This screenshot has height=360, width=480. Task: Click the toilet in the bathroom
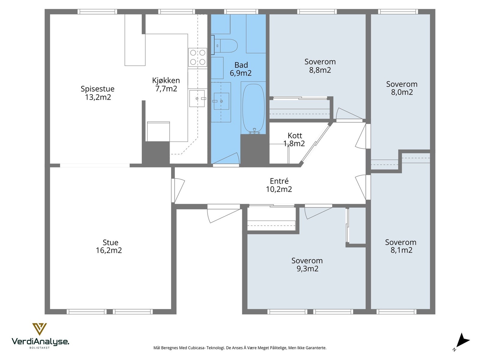224,46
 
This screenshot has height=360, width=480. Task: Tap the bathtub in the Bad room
253,109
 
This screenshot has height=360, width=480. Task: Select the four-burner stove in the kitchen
198,57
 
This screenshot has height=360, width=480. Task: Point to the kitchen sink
197,98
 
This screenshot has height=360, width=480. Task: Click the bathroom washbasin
221,101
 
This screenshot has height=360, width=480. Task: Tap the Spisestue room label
97,89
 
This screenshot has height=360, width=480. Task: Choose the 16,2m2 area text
109,250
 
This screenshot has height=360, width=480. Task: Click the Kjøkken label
166,80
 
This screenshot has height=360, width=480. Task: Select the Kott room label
295,136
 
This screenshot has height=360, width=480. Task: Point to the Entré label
279,181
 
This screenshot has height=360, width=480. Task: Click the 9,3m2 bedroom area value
307,268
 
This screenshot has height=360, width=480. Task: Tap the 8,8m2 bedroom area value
320,70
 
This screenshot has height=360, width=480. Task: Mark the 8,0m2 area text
402,92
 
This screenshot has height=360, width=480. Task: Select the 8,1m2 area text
401,250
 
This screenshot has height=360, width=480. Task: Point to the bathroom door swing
226,158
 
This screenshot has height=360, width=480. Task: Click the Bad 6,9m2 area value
241,73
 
